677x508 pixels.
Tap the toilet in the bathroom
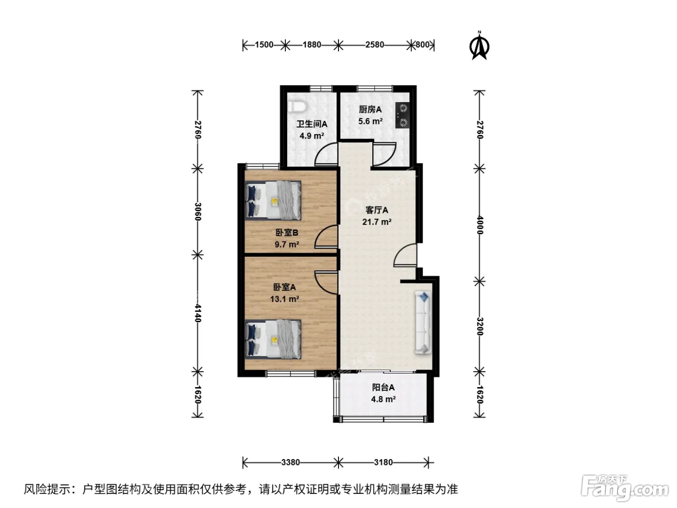(x=297, y=107)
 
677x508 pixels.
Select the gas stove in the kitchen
(x=403, y=115)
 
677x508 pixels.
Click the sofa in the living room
(x=423, y=322)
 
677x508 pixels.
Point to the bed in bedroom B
(x=273, y=200)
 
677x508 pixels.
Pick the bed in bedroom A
(x=273, y=339)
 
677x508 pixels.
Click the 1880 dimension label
(x=312, y=45)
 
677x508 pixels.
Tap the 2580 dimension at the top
(x=375, y=45)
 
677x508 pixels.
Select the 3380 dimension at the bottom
(x=291, y=463)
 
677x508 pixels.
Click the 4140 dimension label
(x=198, y=314)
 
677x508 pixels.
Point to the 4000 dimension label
(x=480, y=225)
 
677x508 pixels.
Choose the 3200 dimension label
(x=480, y=326)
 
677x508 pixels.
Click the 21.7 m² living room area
(x=377, y=222)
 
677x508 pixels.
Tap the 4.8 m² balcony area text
(x=383, y=399)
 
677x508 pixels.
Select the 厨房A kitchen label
(x=370, y=109)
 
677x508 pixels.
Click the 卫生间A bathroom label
(x=312, y=124)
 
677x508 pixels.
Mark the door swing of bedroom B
(x=326, y=237)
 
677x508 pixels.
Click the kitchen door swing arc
(x=384, y=154)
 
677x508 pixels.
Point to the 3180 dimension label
(x=383, y=463)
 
